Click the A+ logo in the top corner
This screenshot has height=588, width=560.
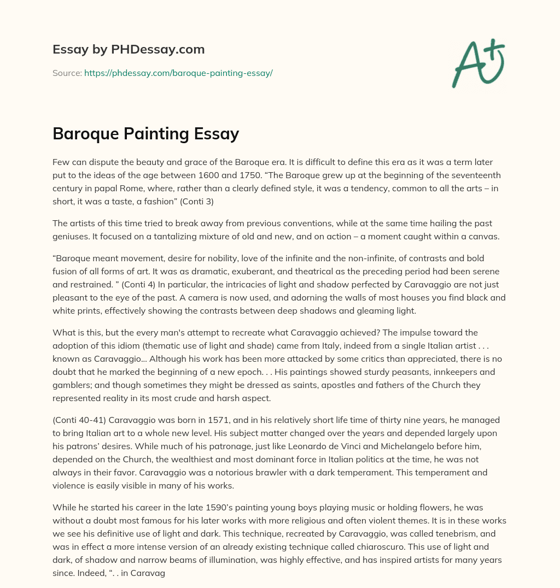point(479,62)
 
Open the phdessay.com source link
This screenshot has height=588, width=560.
point(178,73)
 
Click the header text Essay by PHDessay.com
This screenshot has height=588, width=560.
point(129,50)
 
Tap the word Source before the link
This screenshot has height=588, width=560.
point(66,73)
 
